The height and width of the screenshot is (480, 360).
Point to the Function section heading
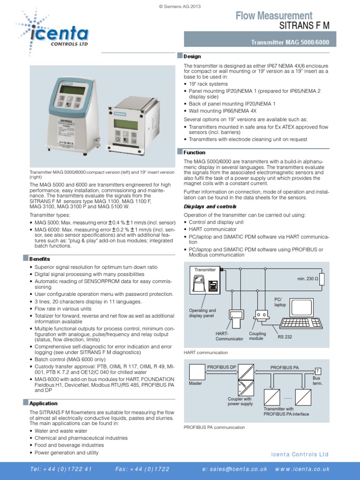[x=195, y=152]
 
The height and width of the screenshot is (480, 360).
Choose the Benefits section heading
[x=39, y=259]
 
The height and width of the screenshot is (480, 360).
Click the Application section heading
[x=43, y=403]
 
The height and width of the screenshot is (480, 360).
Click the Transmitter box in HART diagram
[x=205, y=270]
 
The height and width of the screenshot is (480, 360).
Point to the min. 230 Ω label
[x=307, y=279]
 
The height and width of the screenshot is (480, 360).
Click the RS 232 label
[x=285, y=337]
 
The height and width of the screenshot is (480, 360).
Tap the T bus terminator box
[x=317, y=370]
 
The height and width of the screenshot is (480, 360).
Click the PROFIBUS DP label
[x=221, y=367]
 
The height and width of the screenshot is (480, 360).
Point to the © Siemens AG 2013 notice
[x=180, y=4]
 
